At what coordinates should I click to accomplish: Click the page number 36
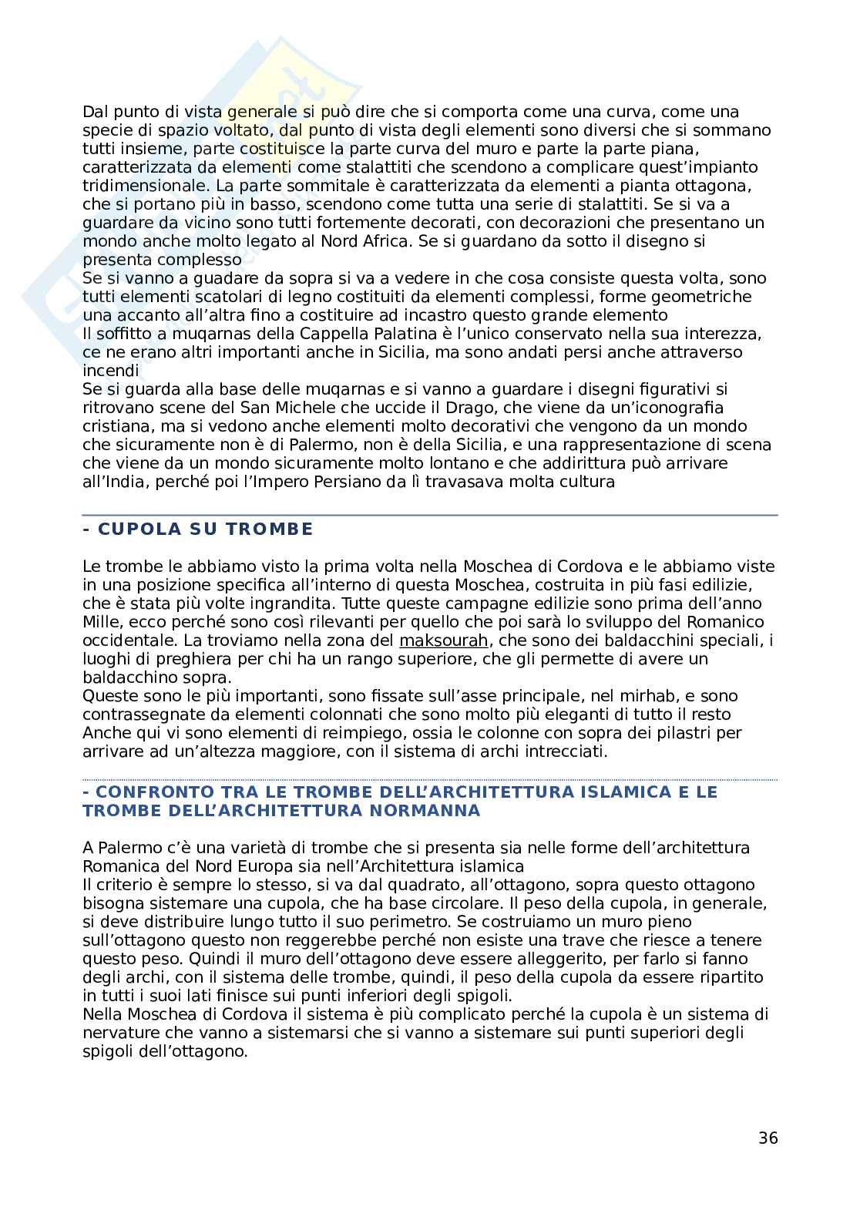[768, 1138]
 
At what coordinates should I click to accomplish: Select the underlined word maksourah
[443, 640]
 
